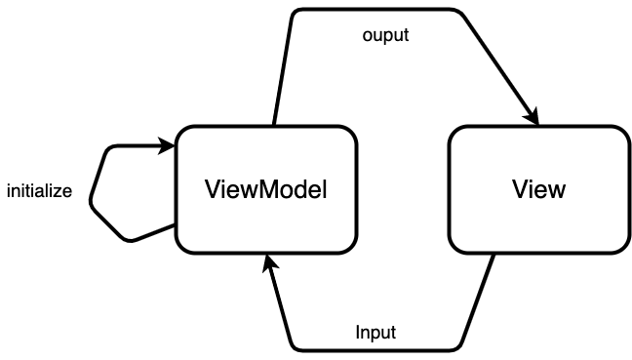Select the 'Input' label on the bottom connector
[375, 332]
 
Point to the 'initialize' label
[39, 191]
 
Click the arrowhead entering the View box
[533, 118]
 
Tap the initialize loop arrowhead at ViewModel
[169, 146]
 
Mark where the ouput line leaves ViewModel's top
[275, 126]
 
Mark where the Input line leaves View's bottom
[494, 253]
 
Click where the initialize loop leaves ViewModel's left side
[176, 226]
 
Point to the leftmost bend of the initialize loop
[91, 204]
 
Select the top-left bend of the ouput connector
[295, 12]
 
